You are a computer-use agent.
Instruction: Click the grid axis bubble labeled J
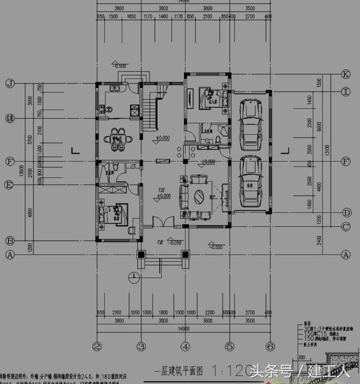pyautogui.click(x=9, y=83)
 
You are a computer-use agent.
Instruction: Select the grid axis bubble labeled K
pyautogui.click(x=346, y=74)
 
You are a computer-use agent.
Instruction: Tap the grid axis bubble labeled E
pyautogui.click(x=9, y=184)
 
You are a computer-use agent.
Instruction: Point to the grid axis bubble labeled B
pyautogui.click(x=9, y=241)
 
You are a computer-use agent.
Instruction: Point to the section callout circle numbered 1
pyautogui.click(x=133, y=276)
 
